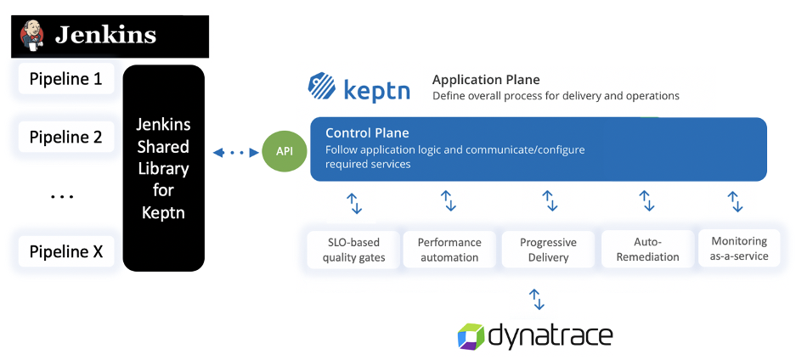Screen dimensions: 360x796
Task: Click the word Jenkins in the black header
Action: pyautogui.click(x=105, y=35)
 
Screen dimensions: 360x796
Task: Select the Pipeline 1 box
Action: pyautogui.click(x=66, y=79)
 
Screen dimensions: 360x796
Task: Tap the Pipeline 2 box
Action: pyautogui.click(x=66, y=137)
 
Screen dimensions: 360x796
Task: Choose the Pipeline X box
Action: pyautogui.click(x=66, y=251)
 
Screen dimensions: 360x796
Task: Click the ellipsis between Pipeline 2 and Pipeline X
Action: pyautogui.click(x=62, y=197)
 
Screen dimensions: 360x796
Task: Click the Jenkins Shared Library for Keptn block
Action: pyautogui.click(x=163, y=168)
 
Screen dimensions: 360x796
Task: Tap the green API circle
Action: pyautogui.click(x=284, y=150)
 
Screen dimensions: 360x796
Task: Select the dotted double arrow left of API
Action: pyautogui.click(x=234, y=153)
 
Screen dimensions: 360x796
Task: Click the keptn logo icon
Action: pyautogui.click(x=322, y=87)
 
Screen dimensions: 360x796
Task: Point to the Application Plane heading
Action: pyautogui.click(x=486, y=80)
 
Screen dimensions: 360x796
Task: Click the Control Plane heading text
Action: pyautogui.click(x=367, y=132)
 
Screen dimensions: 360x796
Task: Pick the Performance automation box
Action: pyautogui.click(x=449, y=249)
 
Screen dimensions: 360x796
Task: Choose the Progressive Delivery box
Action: pyautogui.click(x=548, y=249)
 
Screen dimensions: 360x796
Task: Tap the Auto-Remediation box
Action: pyautogui.click(x=645, y=249)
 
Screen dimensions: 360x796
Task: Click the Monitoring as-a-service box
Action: pyautogui.click(x=739, y=248)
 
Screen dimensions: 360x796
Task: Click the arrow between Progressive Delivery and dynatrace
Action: pyautogui.click(x=536, y=299)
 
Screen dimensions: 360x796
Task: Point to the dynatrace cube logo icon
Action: pyautogui.click(x=471, y=335)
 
